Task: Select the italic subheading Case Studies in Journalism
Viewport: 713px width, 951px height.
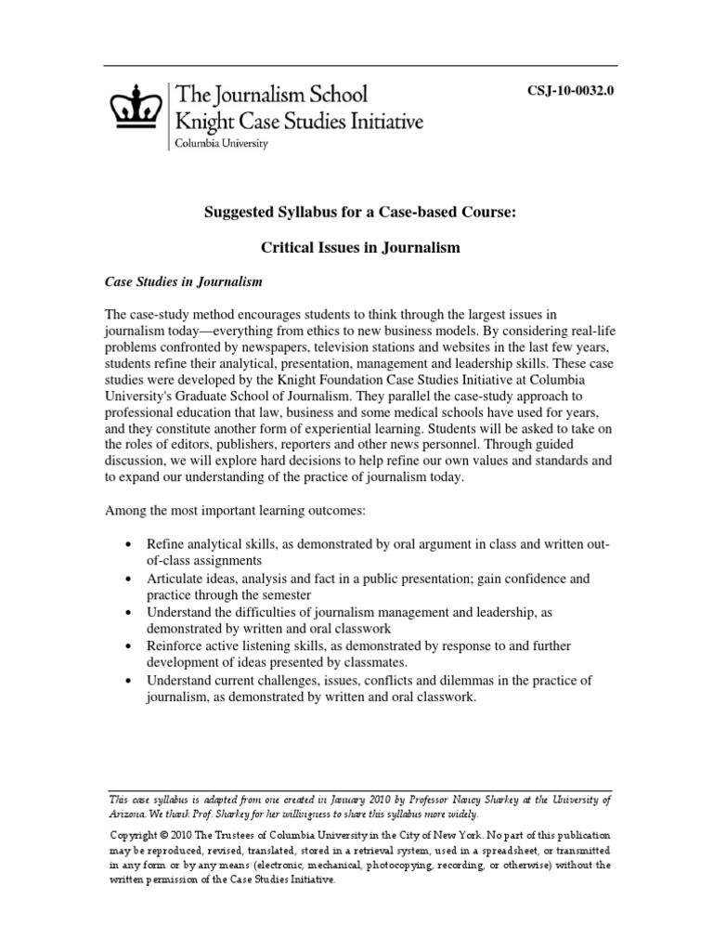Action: click(183, 280)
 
